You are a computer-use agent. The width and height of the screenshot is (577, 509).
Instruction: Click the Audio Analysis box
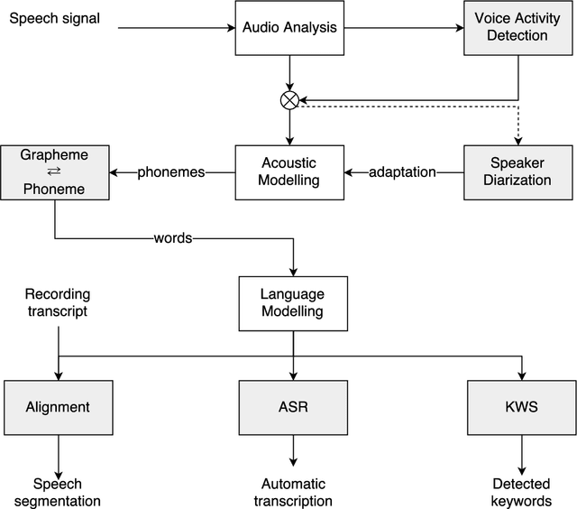(289, 27)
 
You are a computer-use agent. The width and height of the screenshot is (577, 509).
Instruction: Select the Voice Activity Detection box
(517, 27)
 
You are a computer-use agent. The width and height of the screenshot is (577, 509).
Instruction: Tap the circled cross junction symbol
(289, 101)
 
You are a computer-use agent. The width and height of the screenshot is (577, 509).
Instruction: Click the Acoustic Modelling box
(289, 171)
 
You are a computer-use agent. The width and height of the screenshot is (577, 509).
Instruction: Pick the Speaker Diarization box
(517, 171)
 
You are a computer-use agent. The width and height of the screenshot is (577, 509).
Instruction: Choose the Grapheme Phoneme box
(55, 171)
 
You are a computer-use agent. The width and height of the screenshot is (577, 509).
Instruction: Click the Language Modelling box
(292, 303)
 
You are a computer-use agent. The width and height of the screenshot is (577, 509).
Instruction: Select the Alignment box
(60, 407)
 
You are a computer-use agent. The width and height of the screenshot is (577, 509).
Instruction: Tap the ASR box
(292, 407)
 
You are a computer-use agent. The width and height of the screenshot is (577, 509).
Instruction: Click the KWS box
(522, 407)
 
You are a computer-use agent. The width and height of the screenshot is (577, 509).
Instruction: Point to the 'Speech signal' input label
(54, 17)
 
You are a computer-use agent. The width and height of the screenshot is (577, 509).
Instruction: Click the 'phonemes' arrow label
(171, 172)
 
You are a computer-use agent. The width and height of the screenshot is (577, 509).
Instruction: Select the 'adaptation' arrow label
(402, 172)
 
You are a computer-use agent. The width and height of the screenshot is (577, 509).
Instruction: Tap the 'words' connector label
(173, 239)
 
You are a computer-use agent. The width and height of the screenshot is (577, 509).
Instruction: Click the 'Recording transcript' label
(58, 303)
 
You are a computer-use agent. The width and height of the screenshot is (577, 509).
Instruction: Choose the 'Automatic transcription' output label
(292, 492)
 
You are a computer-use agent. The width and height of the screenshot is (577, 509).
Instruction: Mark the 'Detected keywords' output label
(522, 492)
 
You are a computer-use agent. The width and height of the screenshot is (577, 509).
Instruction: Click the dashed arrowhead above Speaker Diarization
(517, 139)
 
